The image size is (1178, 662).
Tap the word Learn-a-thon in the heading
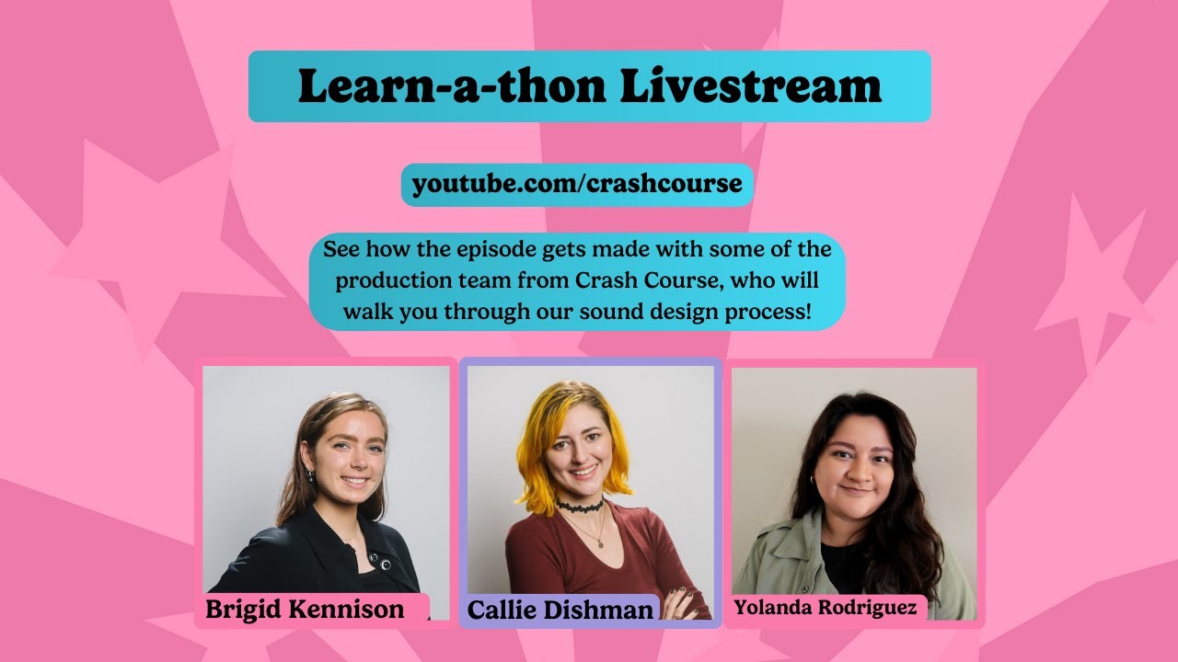click(452, 86)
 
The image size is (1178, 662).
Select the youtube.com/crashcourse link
click(577, 184)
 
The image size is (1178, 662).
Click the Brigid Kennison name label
click(305, 609)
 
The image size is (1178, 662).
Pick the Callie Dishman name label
click(560, 610)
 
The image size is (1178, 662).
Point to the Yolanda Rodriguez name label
click(825, 608)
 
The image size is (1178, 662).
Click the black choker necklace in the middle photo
click(579, 506)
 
